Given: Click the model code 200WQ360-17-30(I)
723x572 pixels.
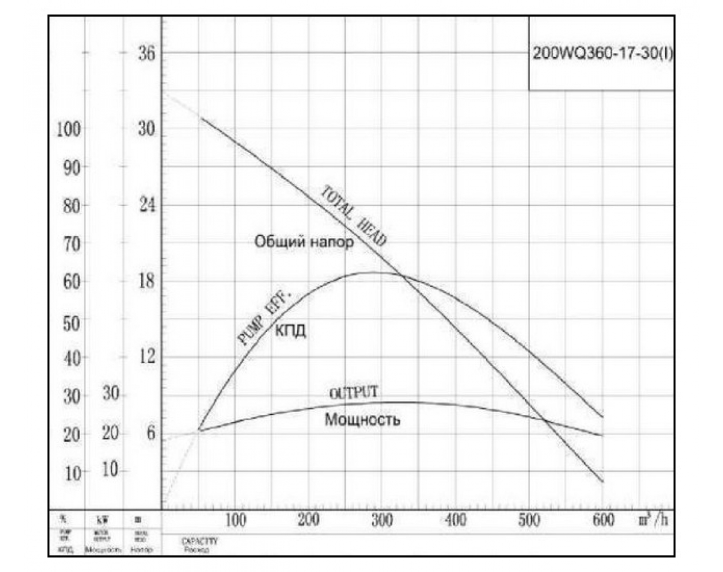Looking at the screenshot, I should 602,52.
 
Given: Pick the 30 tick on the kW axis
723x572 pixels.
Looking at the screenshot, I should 111,394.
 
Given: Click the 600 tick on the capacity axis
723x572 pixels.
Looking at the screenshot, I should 603,520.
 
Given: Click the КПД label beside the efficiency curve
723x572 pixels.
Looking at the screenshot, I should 291,330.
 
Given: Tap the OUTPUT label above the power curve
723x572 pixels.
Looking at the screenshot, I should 355,391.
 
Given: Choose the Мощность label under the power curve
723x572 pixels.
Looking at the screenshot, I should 362,420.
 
